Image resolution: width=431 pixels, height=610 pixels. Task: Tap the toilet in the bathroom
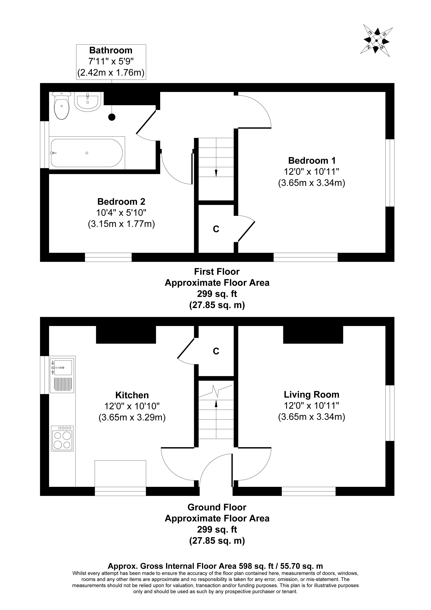point(62,106)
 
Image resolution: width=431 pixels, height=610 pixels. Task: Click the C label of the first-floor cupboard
point(216,229)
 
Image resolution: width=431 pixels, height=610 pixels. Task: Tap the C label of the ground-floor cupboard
point(216,351)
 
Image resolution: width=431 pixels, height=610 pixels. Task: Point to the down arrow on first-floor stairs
point(216,173)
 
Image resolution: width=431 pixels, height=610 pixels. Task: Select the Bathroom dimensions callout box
point(111,62)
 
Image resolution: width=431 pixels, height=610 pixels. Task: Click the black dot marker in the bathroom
point(112,117)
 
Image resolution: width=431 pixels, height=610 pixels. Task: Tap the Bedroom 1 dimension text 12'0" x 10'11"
point(312,172)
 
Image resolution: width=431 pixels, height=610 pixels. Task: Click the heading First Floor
point(217,271)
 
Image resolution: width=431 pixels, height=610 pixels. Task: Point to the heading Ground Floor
point(217,507)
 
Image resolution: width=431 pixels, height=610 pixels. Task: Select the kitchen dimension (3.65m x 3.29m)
point(132,418)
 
